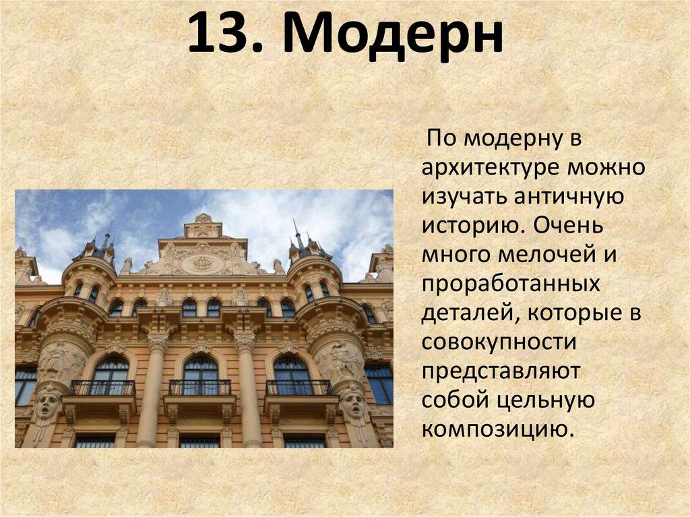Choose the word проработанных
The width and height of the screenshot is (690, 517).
(511, 284)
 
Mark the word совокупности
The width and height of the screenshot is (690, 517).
(499, 342)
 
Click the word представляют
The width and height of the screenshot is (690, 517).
(501, 371)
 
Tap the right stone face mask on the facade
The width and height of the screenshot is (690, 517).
(352, 404)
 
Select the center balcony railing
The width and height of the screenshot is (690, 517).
(199, 388)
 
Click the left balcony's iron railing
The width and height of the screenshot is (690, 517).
(103, 388)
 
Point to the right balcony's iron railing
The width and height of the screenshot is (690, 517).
(298, 388)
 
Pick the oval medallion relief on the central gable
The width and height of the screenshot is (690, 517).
(202, 263)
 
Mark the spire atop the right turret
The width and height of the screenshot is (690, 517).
(296, 230)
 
